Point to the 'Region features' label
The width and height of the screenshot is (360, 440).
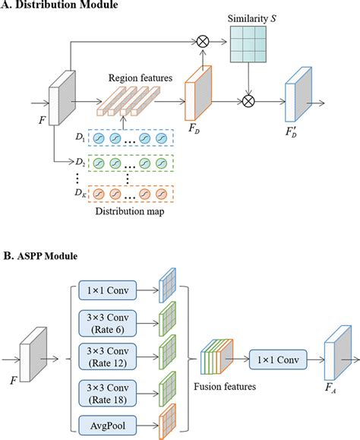tap(138, 77)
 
